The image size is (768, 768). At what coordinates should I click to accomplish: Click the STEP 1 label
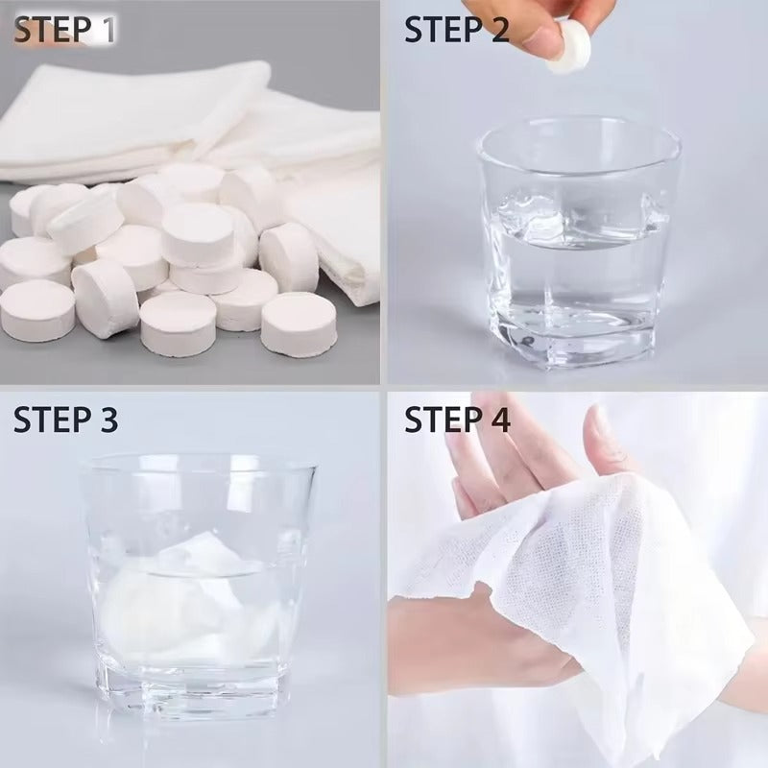(64, 30)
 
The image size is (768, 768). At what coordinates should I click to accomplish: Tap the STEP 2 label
(457, 30)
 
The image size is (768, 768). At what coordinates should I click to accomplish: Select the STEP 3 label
(65, 420)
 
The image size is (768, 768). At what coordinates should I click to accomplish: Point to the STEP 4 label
(457, 420)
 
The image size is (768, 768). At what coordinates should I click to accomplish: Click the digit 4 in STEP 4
(498, 420)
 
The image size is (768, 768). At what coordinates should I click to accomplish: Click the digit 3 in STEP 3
(108, 420)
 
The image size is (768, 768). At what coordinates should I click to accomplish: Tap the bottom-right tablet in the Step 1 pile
(298, 324)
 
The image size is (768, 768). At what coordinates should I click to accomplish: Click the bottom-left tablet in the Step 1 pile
(37, 310)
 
